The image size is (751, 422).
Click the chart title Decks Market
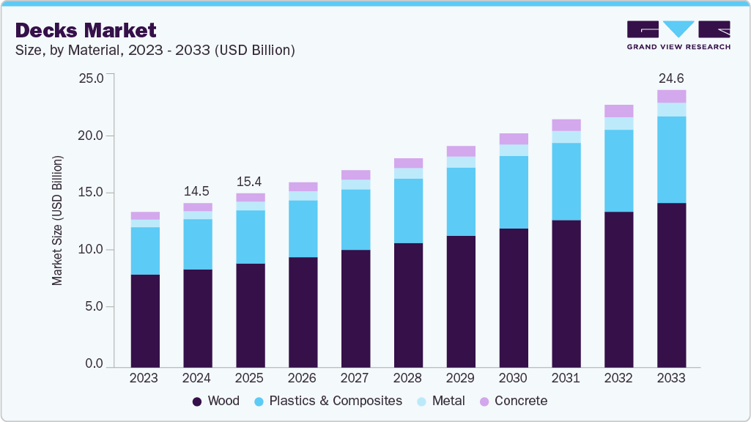click(86, 30)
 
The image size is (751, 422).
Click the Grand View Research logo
click(678, 35)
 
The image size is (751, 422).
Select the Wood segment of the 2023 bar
click(145, 320)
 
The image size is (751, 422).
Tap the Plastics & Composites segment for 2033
click(671, 159)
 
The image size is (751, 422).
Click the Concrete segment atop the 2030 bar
click(513, 138)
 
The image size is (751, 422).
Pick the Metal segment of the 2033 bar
click(671, 109)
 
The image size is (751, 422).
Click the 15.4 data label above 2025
click(250, 181)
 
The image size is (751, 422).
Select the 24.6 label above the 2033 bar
click(671, 78)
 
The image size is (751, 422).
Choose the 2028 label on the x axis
click(407, 378)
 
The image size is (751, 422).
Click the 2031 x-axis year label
click(566, 378)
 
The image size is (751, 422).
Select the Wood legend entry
click(216, 401)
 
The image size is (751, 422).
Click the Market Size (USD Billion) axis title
click(56, 221)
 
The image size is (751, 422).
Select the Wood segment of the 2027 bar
click(355, 308)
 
